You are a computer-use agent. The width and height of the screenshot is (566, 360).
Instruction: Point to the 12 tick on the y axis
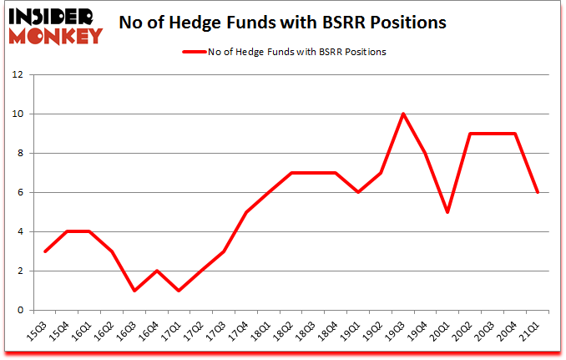tap(17, 74)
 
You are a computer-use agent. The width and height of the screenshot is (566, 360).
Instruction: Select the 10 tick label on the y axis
tap(17, 114)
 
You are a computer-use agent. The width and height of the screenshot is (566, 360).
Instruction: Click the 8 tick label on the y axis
tap(18, 153)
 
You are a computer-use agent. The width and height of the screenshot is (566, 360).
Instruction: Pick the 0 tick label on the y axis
tap(18, 310)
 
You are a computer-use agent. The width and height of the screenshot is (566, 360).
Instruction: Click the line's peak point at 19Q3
tap(403, 114)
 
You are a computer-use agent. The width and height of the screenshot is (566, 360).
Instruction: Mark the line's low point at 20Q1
tap(448, 212)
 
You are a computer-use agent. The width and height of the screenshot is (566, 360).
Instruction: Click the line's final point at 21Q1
tap(538, 192)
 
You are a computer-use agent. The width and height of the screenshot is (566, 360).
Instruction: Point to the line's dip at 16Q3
tap(134, 290)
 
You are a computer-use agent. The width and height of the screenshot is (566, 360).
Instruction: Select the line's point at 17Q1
tap(179, 290)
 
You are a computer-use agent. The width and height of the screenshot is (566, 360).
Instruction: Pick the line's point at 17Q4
tap(246, 212)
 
